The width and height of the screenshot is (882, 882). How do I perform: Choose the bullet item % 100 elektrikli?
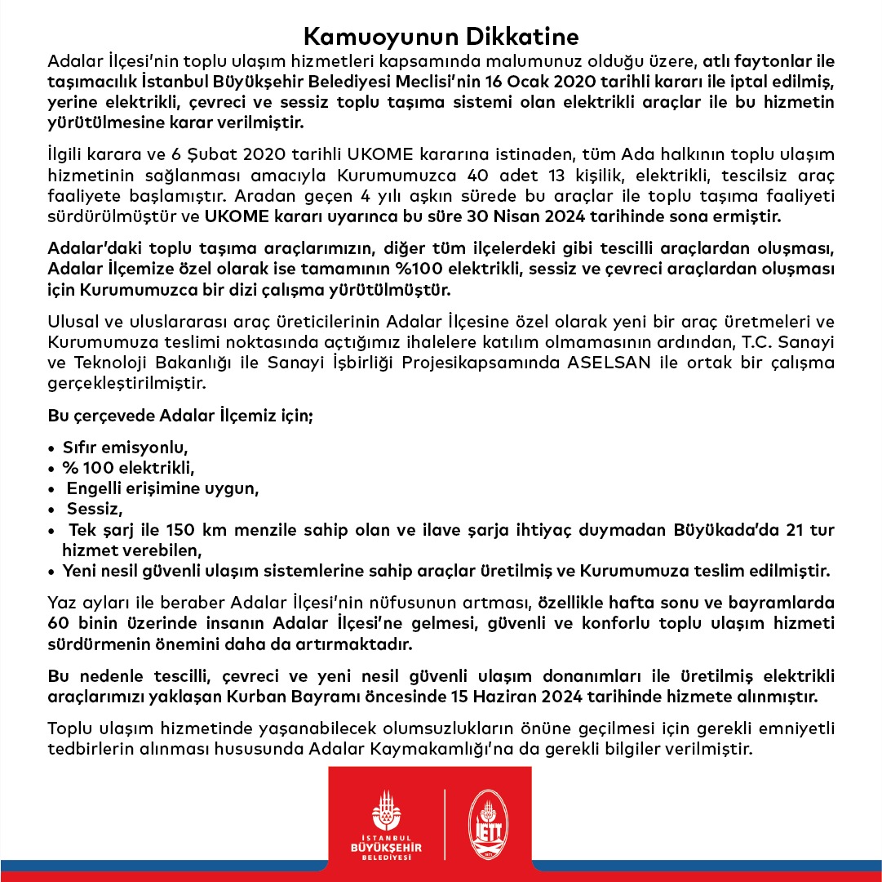130,468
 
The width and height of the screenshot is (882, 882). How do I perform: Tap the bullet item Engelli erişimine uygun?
162,489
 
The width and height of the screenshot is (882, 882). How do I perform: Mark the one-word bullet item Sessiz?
94,510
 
